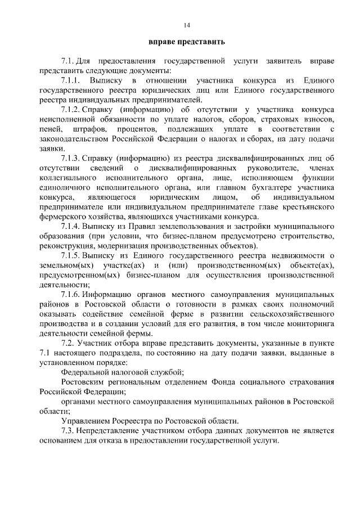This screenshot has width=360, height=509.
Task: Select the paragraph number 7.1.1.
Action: pyautogui.click(x=71, y=81)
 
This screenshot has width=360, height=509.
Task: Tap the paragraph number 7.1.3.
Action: pyautogui.click(x=73, y=159)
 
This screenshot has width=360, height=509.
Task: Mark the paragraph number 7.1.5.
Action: pyautogui.click(x=73, y=256)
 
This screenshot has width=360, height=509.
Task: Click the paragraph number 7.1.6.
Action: pyautogui.click(x=73, y=295)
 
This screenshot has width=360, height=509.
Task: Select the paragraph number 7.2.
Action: pyautogui.click(x=69, y=343)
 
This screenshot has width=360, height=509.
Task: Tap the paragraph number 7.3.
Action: pyautogui.click(x=69, y=431)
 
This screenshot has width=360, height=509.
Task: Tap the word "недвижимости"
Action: pyautogui.click(x=301, y=256)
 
